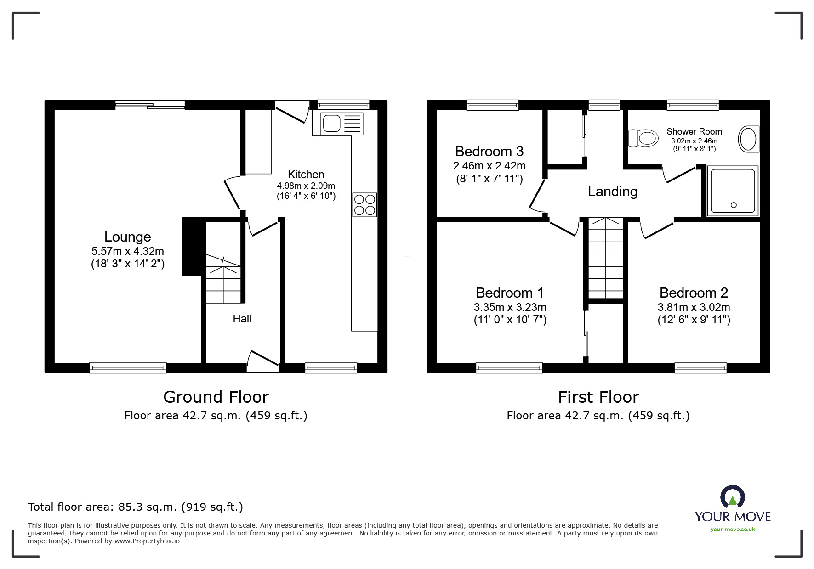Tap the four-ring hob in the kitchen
(364, 205)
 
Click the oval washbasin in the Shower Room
(748, 139)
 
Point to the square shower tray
(733, 191)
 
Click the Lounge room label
(127, 237)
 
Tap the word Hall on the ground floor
(242, 319)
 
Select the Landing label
(612, 192)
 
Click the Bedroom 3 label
(489, 152)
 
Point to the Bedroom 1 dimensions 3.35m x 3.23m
(510, 307)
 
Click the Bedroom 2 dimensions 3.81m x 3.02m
(694, 307)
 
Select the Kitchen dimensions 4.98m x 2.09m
(306, 186)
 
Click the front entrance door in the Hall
(263, 361)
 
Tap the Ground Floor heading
(216, 397)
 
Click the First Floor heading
(598, 397)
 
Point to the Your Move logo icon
(732, 498)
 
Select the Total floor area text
(135, 507)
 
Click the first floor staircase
(606, 259)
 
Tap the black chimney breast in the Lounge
(191, 247)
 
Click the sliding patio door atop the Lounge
(150, 105)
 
